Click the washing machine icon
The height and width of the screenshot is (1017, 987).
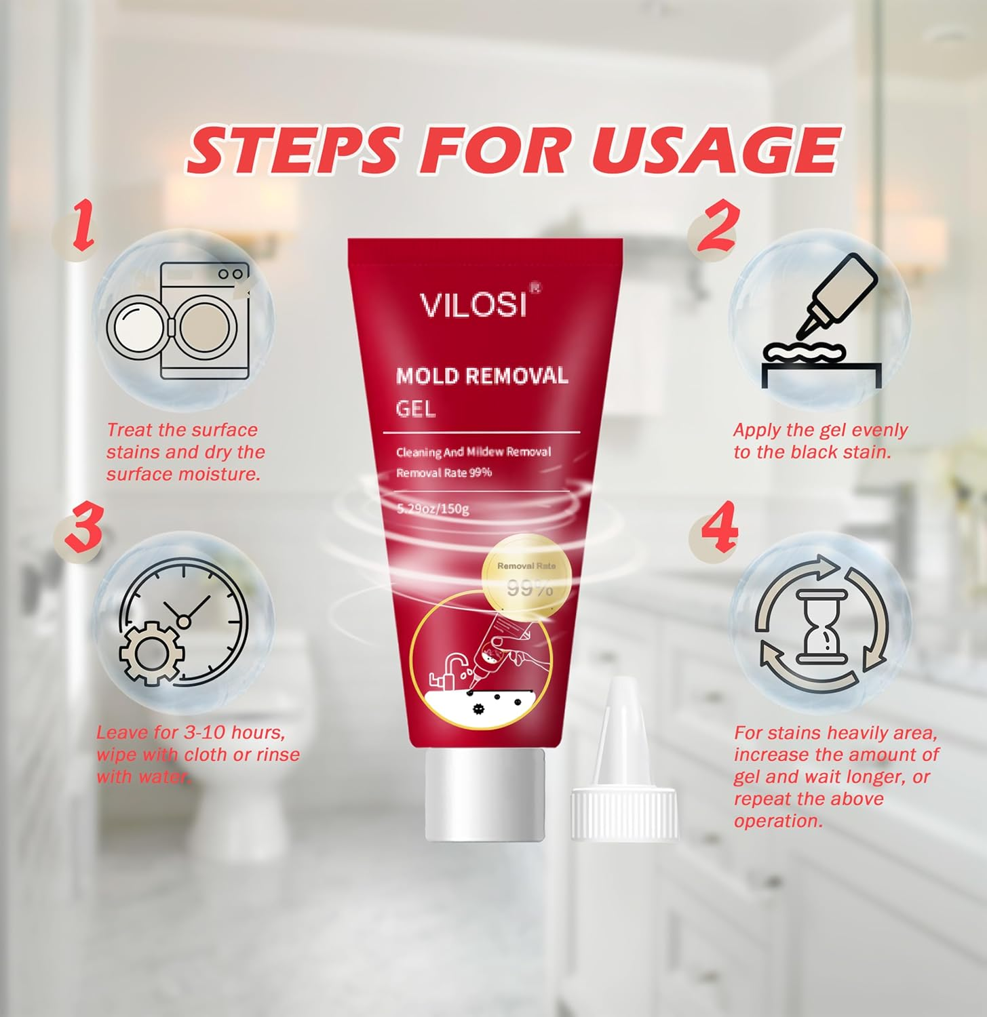click(x=183, y=321)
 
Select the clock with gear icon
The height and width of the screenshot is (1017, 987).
click(x=183, y=622)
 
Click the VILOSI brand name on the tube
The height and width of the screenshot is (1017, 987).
click(x=473, y=304)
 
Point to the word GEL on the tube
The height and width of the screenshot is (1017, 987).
click(x=415, y=409)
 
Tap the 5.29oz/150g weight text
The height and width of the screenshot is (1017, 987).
click(x=433, y=509)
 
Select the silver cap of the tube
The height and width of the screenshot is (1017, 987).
click(x=485, y=793)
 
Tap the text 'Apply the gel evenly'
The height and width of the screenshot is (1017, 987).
click(x=820, y=431)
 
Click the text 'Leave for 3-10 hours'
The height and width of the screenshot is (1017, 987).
click(x=191, y=732)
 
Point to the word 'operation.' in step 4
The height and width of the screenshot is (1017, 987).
click(x=778, y=821)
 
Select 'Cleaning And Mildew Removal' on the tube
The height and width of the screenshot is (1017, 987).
click(x=473, y=452)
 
